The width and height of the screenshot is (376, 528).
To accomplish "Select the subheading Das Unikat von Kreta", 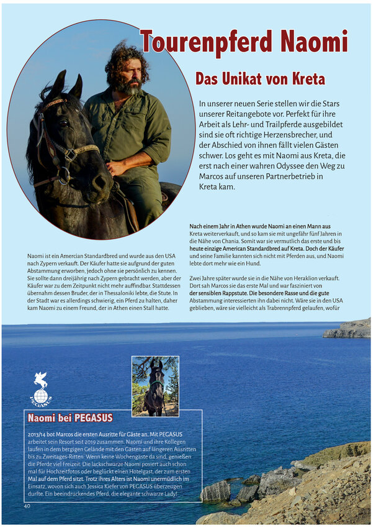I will [260, 80].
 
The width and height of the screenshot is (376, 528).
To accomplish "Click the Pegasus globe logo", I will [41, 389].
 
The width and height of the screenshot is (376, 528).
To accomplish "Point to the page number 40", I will [27, 506].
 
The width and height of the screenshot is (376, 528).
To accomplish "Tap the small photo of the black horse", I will [155, 386].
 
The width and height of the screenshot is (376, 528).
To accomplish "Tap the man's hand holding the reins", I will [116, 168].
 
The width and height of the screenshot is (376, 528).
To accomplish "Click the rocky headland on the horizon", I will [347, 329].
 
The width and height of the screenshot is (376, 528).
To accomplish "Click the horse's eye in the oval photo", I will [62, 123].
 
